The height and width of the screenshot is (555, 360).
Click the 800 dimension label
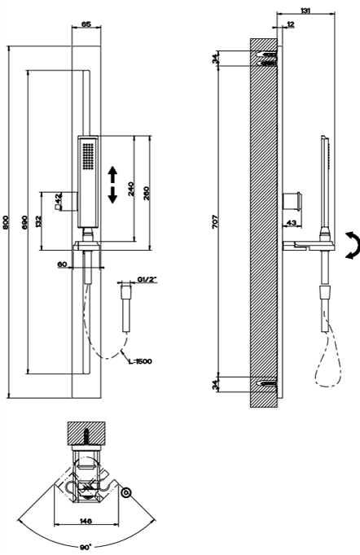(5, 222)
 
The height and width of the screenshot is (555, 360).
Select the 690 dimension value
(24, 222)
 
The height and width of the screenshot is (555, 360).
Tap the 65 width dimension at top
(86, 24)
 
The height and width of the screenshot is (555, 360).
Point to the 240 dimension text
(131, 189)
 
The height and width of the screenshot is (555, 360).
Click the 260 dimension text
(147, 193)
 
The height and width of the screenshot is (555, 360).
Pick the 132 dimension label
(38, 221)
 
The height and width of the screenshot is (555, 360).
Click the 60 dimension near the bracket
(63, 264)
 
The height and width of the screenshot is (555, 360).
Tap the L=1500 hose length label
(140, 361)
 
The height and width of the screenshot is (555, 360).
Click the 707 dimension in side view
(216, 221)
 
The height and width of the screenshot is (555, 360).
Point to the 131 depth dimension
(305, 11)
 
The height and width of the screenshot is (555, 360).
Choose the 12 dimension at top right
(291, 24)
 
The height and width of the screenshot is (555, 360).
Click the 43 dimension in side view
(292, 223)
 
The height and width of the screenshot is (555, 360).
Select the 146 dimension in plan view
(86, 521)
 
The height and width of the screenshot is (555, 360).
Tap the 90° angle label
(86, 547)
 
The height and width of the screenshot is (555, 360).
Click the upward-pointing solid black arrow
(112, 174)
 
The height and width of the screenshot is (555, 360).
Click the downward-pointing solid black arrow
(112, 195)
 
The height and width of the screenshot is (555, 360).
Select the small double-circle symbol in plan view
(125, 492)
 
